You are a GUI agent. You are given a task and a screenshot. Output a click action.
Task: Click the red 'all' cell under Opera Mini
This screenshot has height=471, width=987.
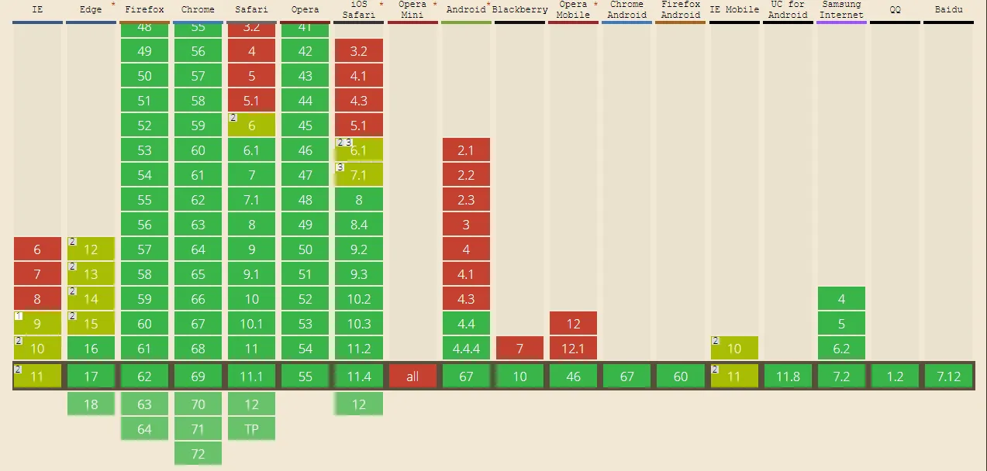(x=412, y=376)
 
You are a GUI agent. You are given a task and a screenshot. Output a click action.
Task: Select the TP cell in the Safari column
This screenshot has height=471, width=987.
(x=251, y=429)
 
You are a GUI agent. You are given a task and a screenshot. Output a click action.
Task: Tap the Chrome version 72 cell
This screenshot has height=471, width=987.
(x=198, y=454)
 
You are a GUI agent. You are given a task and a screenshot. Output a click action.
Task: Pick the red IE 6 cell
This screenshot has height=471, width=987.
(x=37, y=249)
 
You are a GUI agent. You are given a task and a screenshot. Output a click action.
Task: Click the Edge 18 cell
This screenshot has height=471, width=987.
(x=91, y=404)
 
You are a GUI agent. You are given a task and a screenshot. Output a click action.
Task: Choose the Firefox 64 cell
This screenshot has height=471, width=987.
(x=144, y=429)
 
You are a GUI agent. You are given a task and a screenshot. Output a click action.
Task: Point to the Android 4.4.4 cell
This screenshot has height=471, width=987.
(x=466, y=349)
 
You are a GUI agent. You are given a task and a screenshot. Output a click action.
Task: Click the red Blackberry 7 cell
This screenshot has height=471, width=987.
(x=519, y=349)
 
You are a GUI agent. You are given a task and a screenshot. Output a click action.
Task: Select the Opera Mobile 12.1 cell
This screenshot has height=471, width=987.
(x=573, y=349)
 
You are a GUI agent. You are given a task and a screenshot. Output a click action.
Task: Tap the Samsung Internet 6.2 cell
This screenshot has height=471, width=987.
(x=841, y=349)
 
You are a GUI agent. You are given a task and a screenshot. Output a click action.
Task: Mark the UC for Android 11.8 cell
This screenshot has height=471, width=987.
(x=788, y=376)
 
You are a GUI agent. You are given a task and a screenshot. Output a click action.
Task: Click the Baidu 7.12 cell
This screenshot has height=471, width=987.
(x=948, y=376)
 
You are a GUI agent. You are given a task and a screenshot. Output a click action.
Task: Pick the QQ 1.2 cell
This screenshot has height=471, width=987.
(x=895, y=376)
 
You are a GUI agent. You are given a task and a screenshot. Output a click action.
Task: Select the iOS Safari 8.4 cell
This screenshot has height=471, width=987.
(x=359, y=225)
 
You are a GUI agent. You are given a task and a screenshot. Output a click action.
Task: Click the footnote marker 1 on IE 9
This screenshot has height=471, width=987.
(x=19, y=316)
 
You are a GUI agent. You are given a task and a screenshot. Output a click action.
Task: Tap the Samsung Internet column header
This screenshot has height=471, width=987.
(x=841, y=10)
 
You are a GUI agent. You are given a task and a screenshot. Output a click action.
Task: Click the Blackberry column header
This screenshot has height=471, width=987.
(x=519, y=10)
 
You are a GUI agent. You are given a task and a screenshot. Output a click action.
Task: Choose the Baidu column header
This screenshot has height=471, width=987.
(x=948, y=10)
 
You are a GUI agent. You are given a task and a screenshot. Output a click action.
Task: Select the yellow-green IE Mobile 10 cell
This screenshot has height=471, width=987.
(x=734, y=349)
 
